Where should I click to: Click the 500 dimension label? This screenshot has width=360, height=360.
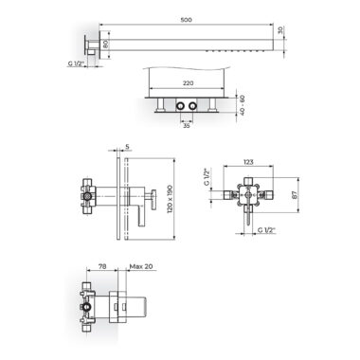187,20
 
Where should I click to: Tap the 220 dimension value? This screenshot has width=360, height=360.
188,83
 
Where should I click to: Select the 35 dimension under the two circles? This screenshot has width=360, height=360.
187,126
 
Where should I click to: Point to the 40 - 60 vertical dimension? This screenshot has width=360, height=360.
243,105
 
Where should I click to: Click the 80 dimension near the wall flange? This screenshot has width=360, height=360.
106,45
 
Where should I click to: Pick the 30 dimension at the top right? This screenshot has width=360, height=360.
279,30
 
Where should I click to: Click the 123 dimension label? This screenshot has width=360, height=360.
248,162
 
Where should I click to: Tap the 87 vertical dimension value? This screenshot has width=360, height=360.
295,194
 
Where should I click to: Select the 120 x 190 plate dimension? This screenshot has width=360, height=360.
170,199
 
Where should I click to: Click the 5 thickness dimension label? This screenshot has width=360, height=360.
127,147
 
